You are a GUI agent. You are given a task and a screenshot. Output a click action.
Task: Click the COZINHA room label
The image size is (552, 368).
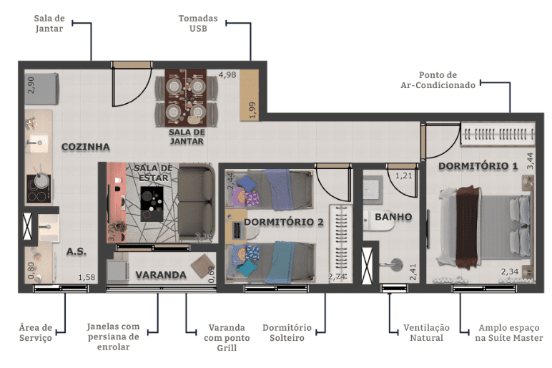click(x=86, y=147)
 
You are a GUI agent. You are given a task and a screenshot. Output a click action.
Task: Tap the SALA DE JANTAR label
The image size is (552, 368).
click(x=186, y=137)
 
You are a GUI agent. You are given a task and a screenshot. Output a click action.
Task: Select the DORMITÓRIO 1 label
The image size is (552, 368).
click(x=478, y=166)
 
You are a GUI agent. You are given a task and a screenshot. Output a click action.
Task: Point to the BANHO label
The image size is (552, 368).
click(x=393, y=217)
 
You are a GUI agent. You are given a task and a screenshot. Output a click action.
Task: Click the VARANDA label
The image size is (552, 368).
click(x=161, y=275)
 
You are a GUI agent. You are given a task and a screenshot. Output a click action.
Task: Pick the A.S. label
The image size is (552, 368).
click(x=77, y=251)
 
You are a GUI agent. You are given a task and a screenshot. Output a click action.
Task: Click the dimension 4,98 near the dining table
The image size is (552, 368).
click(x=227, y=74)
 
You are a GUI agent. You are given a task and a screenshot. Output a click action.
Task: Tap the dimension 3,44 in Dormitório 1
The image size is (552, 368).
click(x=530, y=160)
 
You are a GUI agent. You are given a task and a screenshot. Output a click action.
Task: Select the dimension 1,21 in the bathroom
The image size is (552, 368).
click(x=403, y=175)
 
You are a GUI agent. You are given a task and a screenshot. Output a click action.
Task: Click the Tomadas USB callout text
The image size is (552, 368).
click(x=198, y=23)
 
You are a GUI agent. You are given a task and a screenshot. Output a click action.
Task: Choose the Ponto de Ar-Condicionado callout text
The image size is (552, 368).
click(x=438, y=80)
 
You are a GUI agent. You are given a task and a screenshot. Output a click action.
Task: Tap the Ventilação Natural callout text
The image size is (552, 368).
click(x=426, y=333)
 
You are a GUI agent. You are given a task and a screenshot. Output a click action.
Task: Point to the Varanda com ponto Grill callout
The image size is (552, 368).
click(x=227, y=338)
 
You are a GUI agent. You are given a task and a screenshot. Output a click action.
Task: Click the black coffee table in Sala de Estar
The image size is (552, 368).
click(x=152, y=204)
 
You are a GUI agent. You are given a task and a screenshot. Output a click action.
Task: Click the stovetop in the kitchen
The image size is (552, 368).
click(x=39, y=189)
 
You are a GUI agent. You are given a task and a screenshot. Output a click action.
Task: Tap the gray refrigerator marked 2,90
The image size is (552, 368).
click(x=41, y=89)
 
